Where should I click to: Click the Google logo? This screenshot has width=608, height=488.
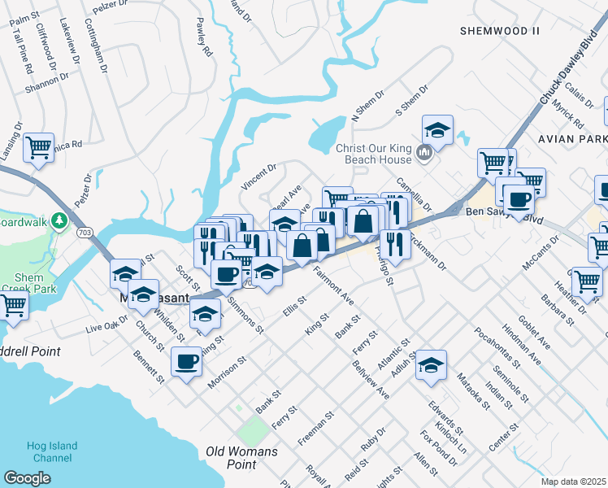point(27,479)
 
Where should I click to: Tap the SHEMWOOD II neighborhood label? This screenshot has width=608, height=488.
point(499,31)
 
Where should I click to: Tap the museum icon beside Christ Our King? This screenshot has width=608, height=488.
point(423,153)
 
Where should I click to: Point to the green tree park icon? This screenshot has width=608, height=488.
point(59,220)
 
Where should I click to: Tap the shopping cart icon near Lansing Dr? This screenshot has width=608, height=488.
point(38,149)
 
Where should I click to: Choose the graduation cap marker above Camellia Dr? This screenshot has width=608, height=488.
point(437,130)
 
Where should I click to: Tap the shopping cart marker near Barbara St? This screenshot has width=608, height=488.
point(587,282)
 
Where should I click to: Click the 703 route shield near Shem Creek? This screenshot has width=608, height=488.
point(85,233)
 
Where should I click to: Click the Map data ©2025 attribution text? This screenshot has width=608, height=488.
point(573,481)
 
